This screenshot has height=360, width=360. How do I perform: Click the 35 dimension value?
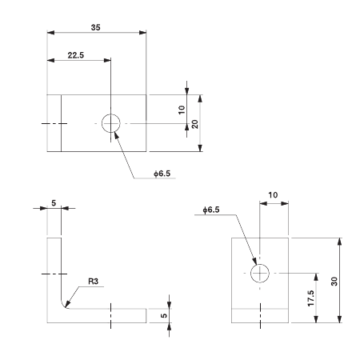pos(96,26)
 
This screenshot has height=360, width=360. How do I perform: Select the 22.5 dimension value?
pos(77,55)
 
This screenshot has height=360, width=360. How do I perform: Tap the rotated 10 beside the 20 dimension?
pos(182,109)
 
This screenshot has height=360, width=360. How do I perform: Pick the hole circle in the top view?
pos(110,123)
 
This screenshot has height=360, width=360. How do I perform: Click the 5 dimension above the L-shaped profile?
pos(54,203)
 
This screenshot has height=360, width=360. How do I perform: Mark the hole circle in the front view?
pos(260,273)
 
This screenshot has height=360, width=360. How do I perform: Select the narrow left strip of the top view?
pos(54,123)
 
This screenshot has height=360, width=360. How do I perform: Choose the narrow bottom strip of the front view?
pos(260,315)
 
